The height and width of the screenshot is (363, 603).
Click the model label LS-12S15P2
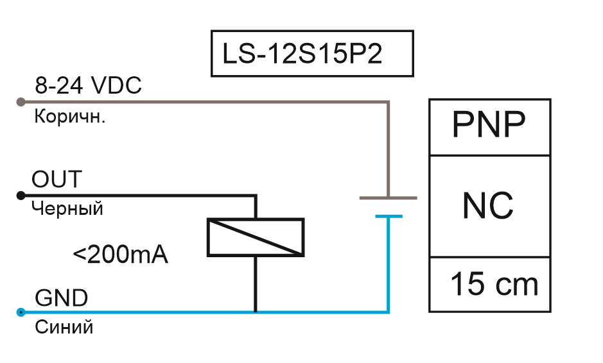pyautogui.click(x=302, y=53)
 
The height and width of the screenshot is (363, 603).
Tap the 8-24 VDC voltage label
pyautogui.click(x=88, y=85)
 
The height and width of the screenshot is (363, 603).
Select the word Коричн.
pyautogui.click(x=69, y=116)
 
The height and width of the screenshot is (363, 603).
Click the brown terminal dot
pyautogui.click(x=21, y=102)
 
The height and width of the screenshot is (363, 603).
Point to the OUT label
pyautogui.click(x=57, y=180)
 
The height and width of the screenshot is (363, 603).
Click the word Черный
pyautogui.click(x=67, y=209)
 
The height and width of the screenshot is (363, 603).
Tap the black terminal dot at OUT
pyautogui.click(x=21, y=196)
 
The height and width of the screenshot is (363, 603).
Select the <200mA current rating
pyautogui.click(x=120, y=254)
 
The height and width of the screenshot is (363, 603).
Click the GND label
pyautogui.click(x=62, y=298)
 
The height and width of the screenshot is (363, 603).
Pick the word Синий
pyautogui.click(x=64, y=328)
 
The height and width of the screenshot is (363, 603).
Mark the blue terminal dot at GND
pyautogui.click(x=21, y=312)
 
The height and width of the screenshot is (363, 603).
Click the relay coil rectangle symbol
pyautogui.click(x=256, y=237)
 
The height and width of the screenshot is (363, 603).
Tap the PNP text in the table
pyautogui.click(x=489, y=124)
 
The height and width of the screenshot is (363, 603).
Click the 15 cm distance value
pyautogui.click(x=494, y=284)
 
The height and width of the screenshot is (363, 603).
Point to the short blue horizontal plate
pyautogui.click(x=389, y=217)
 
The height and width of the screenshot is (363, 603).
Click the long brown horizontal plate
pyautogui.click(x=389, y=198)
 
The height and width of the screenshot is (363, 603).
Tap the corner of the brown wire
pyautogui.click(x=388, y=102)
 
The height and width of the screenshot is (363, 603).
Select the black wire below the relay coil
pyautogui.click(x=256, y=284)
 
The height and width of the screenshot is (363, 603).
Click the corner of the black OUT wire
pyautogui.click(x=256, y=196)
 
